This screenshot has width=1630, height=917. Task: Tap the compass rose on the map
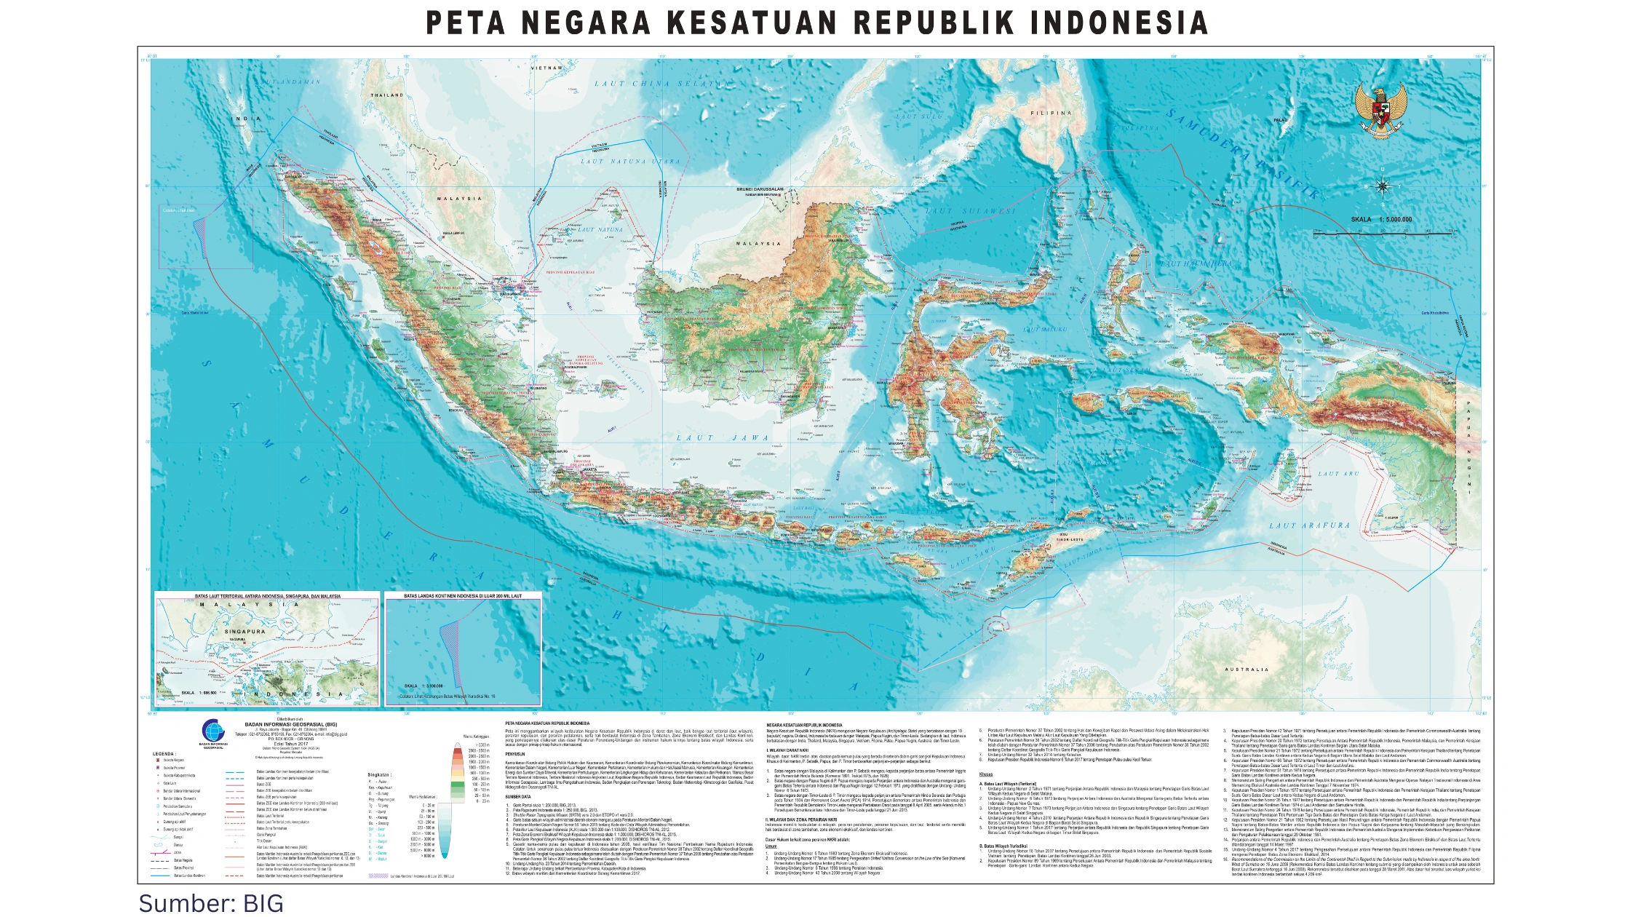click(x=1383, y=186)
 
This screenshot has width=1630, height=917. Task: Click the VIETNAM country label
click(x=546, y=68)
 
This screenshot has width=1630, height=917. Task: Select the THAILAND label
click(x=387, y=95)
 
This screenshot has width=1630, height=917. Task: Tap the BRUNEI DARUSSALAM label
click(x=760, y=189)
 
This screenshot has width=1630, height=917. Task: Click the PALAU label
click(x=1280, y=120)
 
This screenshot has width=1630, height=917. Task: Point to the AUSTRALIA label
click(x=1247, y=670)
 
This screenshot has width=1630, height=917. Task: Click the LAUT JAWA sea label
click(x=723, y=438)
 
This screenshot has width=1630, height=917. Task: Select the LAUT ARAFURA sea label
click(x=1309, y=525)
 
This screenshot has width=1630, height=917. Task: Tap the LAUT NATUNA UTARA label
click(x=630, y=162)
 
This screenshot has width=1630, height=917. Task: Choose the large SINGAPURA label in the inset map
click(x=245, y=632)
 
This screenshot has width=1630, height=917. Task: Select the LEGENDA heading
click(x=164, y=754)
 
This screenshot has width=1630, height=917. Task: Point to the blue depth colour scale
click(x=444, y=829)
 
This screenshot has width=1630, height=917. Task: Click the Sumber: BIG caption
click(x=211, y=903)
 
